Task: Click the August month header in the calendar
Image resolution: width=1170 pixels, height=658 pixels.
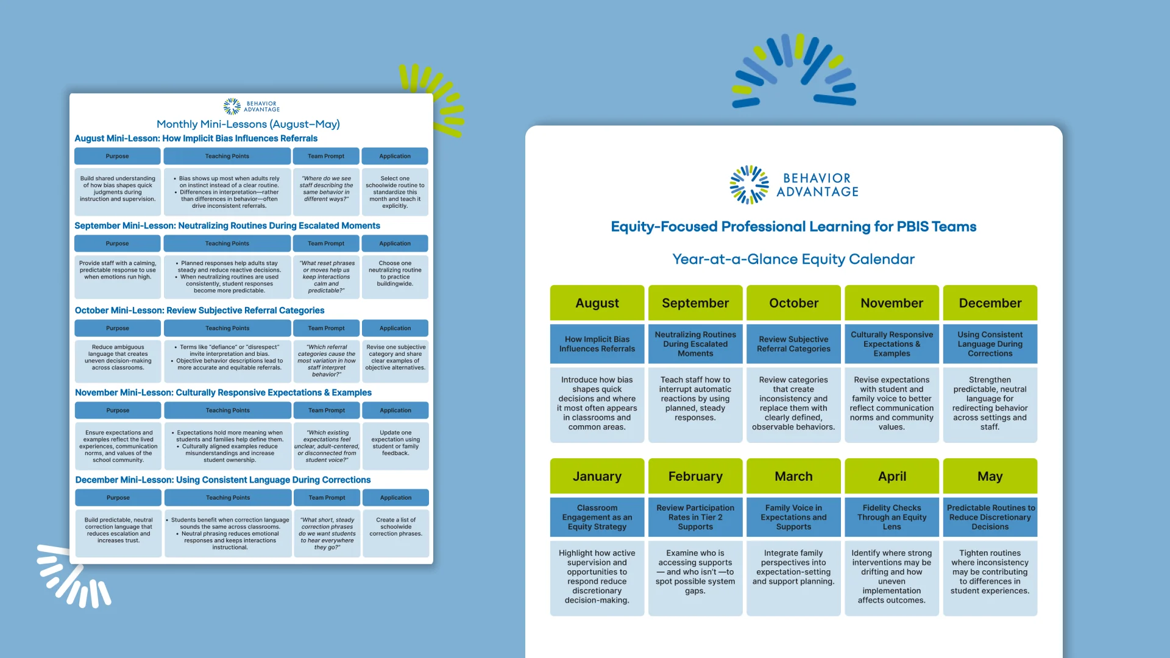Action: click(x=597, y=303)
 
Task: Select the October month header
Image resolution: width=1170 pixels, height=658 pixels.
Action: click(x=793, y=303)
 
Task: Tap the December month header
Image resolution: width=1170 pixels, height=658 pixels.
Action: click(x=990, y=303)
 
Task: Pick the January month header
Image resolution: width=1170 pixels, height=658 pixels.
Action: click(x=597, y=476)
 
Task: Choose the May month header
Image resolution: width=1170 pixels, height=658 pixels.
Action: click(x=990, y=476)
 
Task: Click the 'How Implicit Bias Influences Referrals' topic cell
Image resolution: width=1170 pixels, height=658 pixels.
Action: click(x=597, y=344)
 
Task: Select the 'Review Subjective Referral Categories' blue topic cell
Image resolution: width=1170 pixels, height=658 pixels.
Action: click(x=793, y=344)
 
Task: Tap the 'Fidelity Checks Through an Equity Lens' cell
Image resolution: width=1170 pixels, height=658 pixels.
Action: click(x=892, y=517)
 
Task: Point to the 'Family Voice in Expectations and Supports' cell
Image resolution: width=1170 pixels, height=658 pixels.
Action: click(x=793, y=517)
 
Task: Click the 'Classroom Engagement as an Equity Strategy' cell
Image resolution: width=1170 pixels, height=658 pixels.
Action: click(x=597, y=517)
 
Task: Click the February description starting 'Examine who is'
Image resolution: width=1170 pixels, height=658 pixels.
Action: click(x=695, y=571)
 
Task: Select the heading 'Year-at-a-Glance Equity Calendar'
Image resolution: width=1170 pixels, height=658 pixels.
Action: click(x=793, y=259)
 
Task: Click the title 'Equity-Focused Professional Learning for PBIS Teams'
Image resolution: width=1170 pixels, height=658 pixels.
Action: click(x=793, y=227)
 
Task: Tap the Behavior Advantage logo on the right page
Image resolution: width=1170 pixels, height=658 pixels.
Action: click(x=793, y=185)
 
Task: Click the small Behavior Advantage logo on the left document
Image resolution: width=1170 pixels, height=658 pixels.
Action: click(x=251, y=107)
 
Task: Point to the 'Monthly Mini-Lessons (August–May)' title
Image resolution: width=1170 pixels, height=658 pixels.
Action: click(x=248, y=124)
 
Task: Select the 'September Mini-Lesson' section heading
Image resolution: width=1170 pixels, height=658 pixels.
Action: click(x=227, y=225)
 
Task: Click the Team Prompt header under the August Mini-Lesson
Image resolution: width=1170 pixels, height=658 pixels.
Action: click(x=326, y=156)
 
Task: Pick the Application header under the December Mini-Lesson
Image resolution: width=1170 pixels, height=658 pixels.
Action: click(x=395, y=498)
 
